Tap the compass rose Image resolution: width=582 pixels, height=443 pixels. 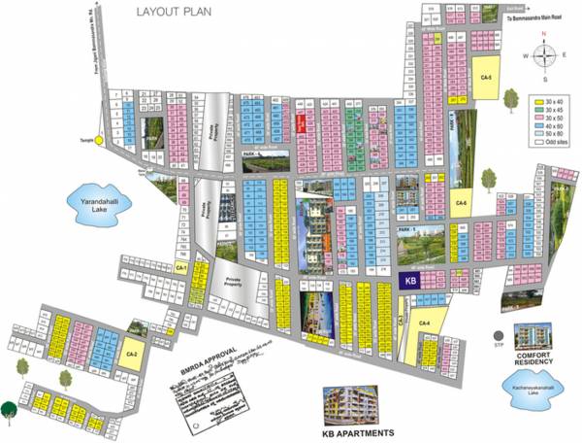point(545,55)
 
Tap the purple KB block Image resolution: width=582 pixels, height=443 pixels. point(410,279)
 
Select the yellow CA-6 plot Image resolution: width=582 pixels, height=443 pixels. point(462,202)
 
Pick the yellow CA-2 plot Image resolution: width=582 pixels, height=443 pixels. point(132,355)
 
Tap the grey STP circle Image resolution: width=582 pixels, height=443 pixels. point(485,336)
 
